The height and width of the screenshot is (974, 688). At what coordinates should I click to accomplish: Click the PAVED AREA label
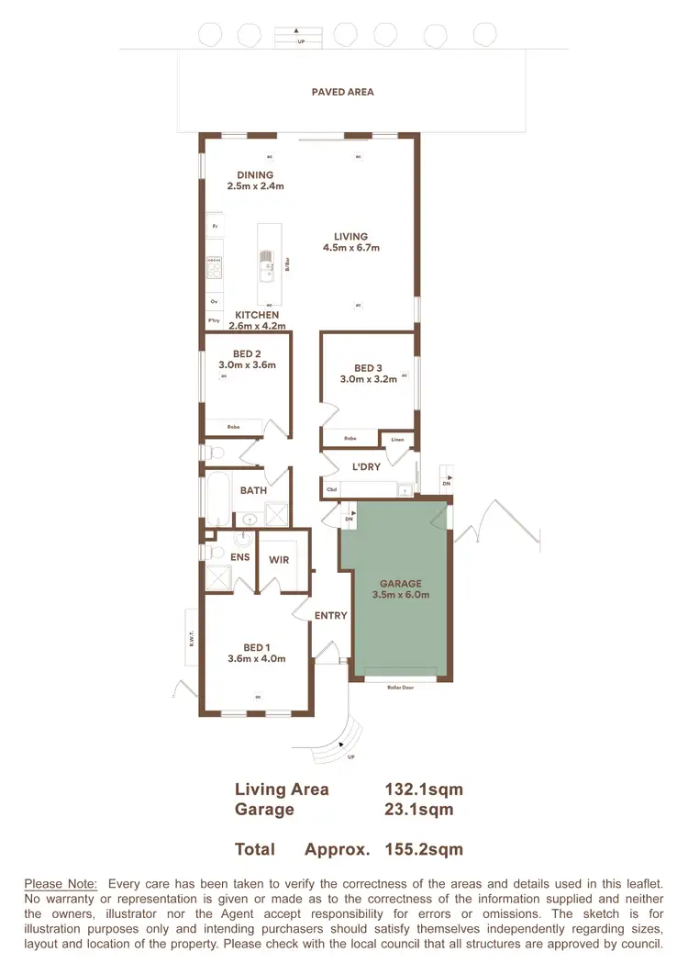click(x=342, y=92)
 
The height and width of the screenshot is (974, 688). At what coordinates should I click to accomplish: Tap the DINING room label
click(x=255, y=175)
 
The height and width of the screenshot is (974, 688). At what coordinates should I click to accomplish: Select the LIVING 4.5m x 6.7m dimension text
click(x=350, y=248)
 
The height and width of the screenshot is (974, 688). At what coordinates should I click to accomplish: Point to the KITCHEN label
click(x=257, y=315)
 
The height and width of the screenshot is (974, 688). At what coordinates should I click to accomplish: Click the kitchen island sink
click(x=267, y=272)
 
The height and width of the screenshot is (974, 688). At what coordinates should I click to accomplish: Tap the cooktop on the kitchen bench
click(x=215, y=267)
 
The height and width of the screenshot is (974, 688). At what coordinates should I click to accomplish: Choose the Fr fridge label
click(x=215, y=226)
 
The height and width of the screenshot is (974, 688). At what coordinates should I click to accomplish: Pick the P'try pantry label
click(x=214, y=321)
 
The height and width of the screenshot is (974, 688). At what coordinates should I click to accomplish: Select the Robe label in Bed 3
click(x=350, y=439)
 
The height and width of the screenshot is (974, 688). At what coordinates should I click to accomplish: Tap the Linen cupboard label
click(x=396, y=439)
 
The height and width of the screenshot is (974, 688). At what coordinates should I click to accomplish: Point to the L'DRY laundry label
click(x=366, y=467)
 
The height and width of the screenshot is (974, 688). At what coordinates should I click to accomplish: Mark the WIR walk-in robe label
click(x=279, y=558)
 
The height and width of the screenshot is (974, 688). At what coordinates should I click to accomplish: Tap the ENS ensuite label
click(x=239, y=557)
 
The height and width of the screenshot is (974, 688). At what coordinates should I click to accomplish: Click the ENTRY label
click(x=330, y=615)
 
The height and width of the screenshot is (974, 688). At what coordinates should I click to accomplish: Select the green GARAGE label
click(x=401, y=583)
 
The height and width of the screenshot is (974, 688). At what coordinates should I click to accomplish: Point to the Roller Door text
click(x=401, y=687)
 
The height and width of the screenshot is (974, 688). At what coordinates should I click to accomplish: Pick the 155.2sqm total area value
click(x=424, y=850)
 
